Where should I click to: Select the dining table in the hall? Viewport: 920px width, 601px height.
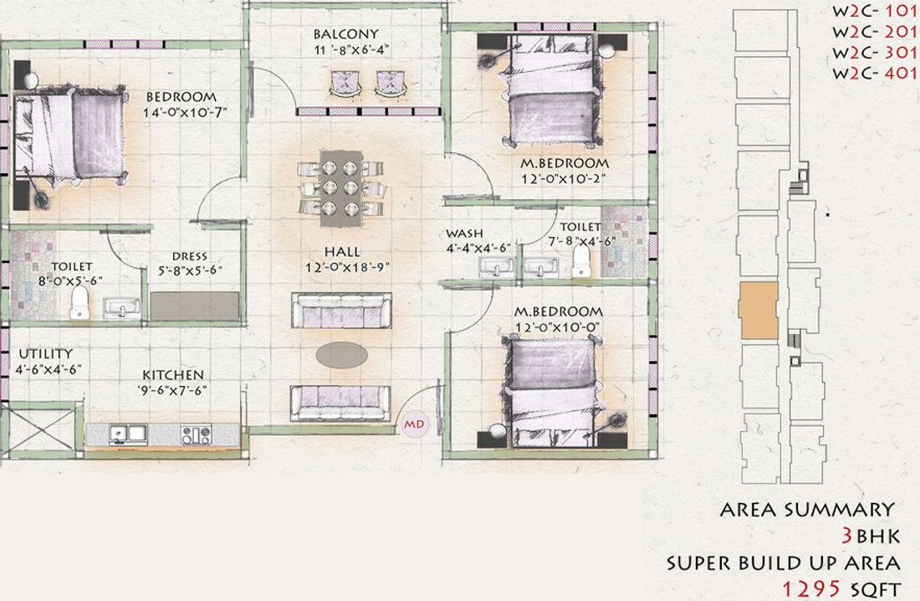(x=341, y=187)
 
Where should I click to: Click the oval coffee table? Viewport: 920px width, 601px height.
(x=341, y=355)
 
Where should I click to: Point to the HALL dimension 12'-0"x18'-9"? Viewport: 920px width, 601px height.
(x=343, y=268)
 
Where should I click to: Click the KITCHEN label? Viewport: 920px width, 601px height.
(x=172, y=375)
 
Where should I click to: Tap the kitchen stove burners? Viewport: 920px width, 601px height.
(x=197, y=434)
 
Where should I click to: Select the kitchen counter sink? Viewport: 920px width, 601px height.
(x=128, y=434)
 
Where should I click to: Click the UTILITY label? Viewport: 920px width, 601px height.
(x=45, y=354)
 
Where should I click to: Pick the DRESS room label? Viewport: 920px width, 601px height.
(x=190, y=257)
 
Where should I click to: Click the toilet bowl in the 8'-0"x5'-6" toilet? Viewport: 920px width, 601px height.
(x=79, y=303)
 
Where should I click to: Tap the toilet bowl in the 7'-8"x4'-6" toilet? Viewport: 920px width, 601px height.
(x=580, y=264)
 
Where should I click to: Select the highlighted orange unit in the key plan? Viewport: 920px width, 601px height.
(x=759, y=311)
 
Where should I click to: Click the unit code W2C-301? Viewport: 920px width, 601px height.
(x=874, y=52)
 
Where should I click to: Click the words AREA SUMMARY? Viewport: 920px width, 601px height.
(x=806, y=510)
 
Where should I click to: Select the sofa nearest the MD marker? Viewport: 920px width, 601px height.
(x=340, y=403)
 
